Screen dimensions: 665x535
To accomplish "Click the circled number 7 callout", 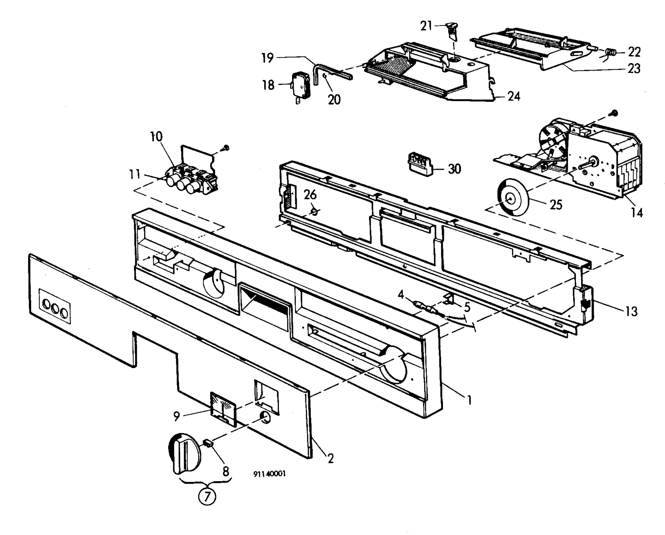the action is [207, 496].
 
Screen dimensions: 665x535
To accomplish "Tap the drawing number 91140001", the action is [270, 474].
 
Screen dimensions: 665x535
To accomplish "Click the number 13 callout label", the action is [631, 312].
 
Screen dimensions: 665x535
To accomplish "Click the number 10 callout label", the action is [156, 136].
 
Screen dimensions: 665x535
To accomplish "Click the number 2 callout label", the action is [331, 459].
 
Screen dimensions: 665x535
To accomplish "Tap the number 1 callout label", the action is [469, 400].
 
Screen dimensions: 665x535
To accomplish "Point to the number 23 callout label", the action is [634, 68].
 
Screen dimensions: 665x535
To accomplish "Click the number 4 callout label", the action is [401, 295].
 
